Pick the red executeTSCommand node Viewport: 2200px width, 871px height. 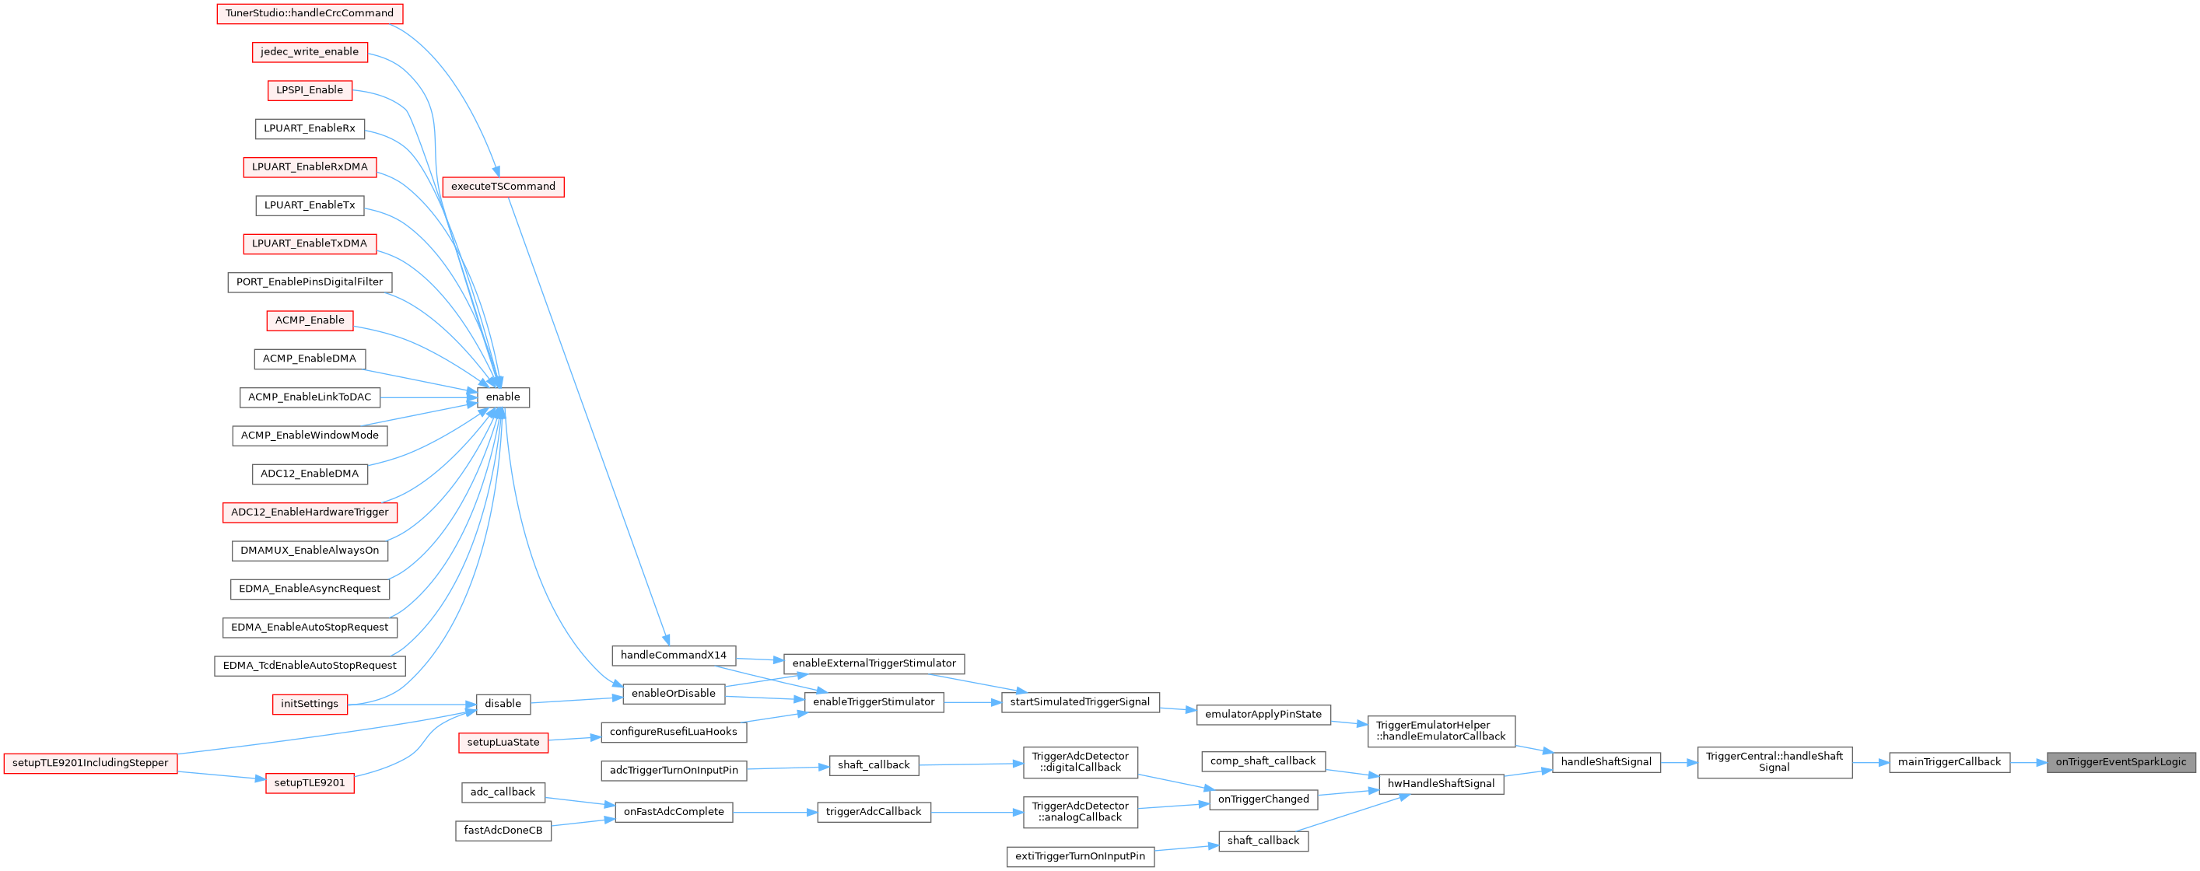click(x=503, y=187)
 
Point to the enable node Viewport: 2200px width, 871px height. click(x=503, y=397)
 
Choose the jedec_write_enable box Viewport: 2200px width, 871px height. click(x=310, y=52)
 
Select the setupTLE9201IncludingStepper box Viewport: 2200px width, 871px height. click(x=90, y=764)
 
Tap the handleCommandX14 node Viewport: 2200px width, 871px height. click(x=674, y=656)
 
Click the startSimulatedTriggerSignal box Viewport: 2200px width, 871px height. click(x=1080, y=703)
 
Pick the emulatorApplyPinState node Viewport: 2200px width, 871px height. click(x=1263, y=715)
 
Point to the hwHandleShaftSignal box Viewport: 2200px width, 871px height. click(x=1441, y=784)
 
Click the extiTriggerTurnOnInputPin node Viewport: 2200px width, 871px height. click(x=1081, y=856)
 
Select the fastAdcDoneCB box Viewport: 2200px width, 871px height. click(x=503, y=831)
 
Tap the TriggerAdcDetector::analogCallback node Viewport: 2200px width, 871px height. click(x=1081, y=812)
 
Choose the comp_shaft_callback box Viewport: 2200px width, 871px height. click(x=1263, y=761)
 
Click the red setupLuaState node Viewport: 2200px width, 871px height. click(x=503, y=743)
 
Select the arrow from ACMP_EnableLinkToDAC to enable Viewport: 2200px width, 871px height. click(x=428, y=397)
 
